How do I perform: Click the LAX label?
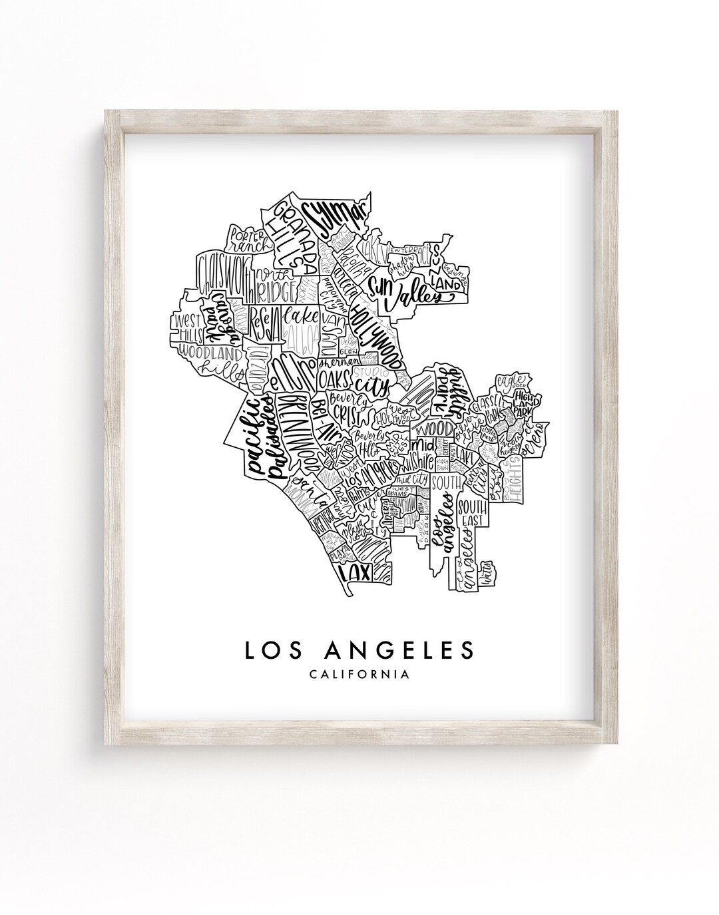click(x=354, y=572)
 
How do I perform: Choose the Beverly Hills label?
click(x=367, y=444)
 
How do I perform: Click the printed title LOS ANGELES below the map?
click(x=359, y=651)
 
